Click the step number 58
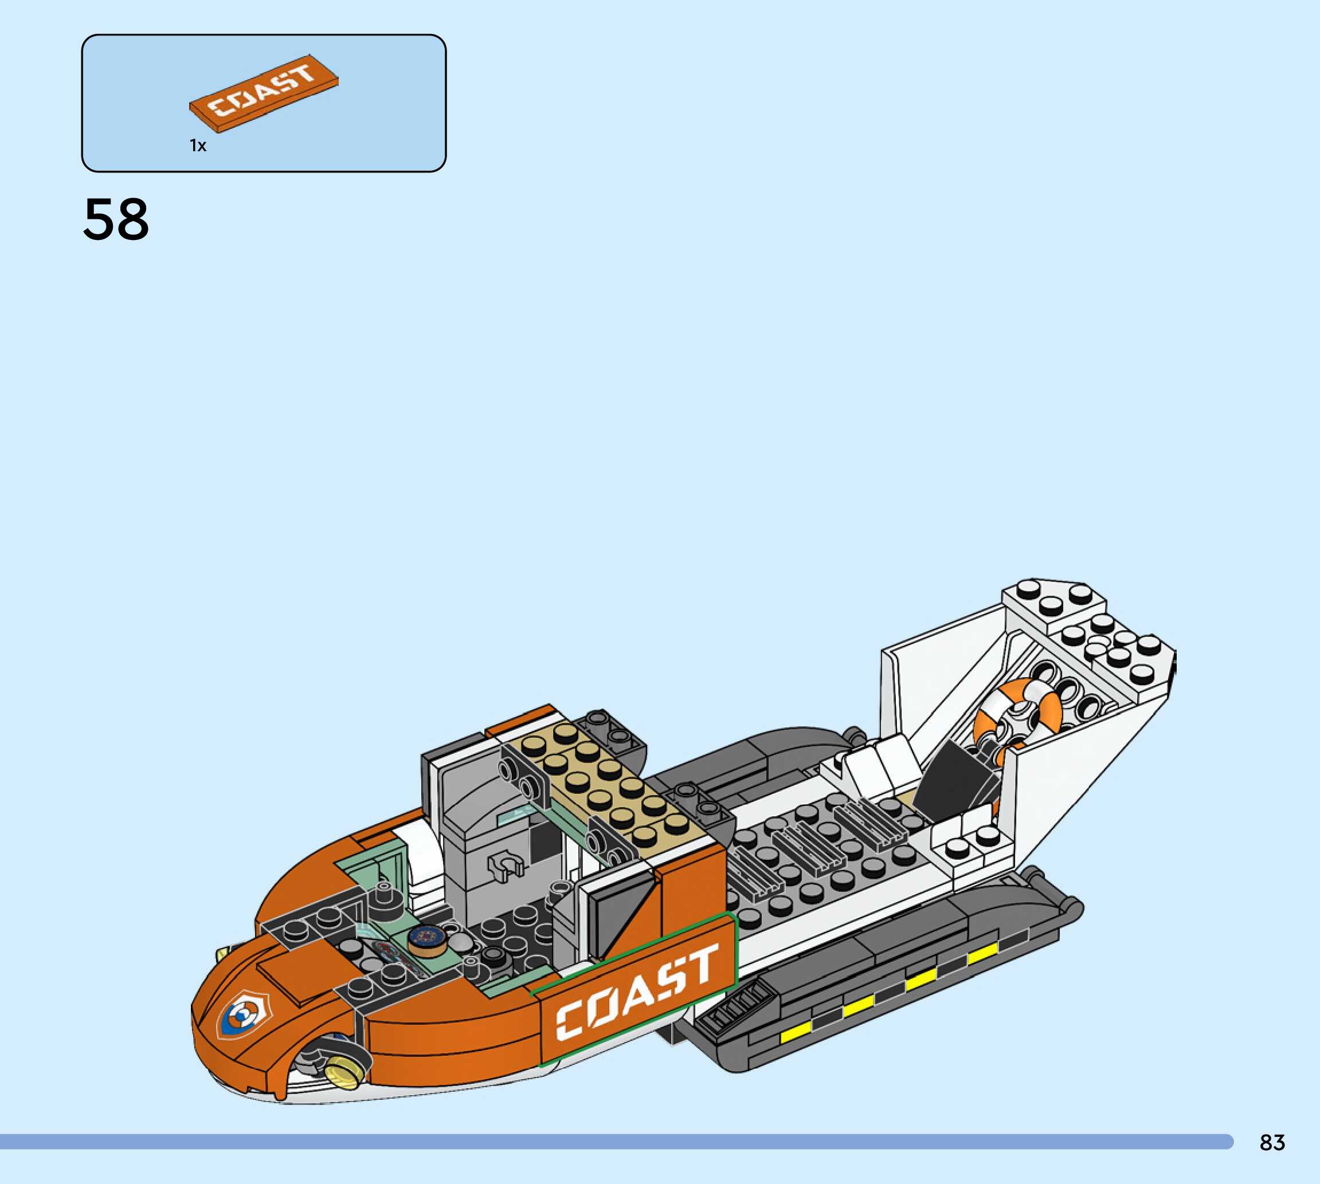coord(116,220)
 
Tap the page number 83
coord(1272,1142)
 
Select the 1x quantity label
coord(198,145)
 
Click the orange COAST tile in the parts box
coord(264,94)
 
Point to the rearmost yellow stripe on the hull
coord(981,954)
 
